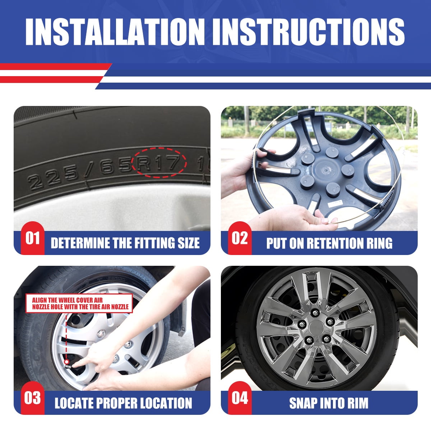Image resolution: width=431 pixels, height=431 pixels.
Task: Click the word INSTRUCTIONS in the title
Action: click(309, 32)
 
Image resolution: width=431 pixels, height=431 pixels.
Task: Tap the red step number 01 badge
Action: click(33, 238)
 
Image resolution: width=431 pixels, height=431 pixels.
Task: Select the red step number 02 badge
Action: click(240, 238)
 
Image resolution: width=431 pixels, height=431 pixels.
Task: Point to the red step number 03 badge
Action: click(33, 398)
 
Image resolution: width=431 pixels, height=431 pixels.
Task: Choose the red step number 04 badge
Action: click(240, 398)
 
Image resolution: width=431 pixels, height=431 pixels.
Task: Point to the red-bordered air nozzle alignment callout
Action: click(79, 303)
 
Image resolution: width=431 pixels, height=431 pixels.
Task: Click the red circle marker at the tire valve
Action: click(66, 362)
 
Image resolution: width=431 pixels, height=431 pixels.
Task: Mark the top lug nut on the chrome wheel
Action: click(315, 313)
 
